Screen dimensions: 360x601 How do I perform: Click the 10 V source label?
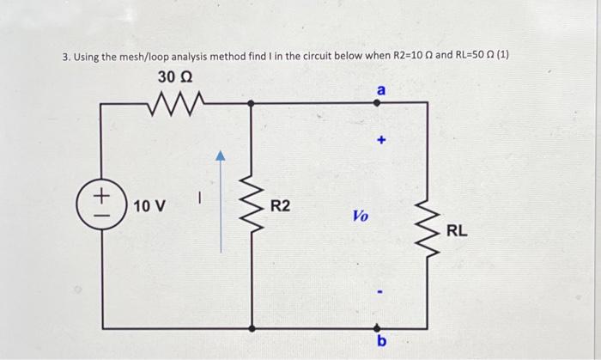click(150, 207)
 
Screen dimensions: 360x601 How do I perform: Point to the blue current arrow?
click(221, 203)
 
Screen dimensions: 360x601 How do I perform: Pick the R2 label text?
click(281, 206)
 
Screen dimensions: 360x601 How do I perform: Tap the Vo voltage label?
click(361, 217)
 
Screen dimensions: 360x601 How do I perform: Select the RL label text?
click(457, 230)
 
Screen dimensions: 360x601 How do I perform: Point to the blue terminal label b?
click(382, 343)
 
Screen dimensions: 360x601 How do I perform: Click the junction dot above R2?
click(251, 103)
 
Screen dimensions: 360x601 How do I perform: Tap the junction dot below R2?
click(251, 327)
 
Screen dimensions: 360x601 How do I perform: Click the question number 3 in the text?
click(65, 58)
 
